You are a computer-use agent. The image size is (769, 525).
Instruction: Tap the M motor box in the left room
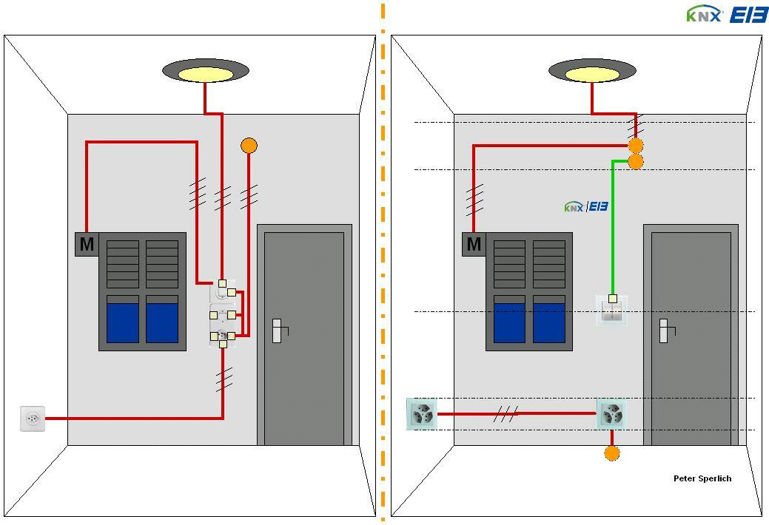point(87,244)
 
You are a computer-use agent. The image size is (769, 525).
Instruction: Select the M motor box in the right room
point(474,244)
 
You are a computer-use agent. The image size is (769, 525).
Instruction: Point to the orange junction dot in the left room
point(249,146)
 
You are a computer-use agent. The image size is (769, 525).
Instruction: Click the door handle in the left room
point(277,331)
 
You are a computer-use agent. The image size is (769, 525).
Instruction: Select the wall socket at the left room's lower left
point(33,419)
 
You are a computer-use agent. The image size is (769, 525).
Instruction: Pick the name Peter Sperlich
point(702,478)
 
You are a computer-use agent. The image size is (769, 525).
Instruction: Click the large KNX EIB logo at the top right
point(726,14)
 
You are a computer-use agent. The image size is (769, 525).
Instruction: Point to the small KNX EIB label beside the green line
point(585,206)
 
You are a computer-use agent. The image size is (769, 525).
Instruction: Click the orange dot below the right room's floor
point(612,453)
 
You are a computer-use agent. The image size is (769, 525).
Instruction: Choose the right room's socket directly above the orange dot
point(611,414)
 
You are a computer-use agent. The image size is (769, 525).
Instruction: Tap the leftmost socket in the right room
point(422,414)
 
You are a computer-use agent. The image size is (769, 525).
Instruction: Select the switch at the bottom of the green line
point(612,310)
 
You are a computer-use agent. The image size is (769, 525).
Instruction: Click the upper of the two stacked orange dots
point(635,146)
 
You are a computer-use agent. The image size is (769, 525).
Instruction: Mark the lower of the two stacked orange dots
point(635,162)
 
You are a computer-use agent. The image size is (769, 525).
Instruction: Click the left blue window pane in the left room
point(123,322)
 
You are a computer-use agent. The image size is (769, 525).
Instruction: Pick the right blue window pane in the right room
point(549,322)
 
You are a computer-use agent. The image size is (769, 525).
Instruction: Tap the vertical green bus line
point(613,229)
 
